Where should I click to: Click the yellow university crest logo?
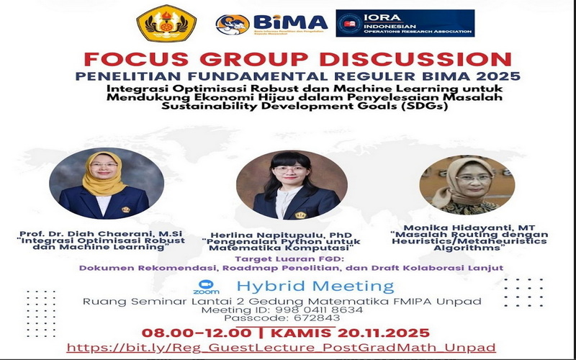(166, 23)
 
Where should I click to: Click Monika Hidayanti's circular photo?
(467, 184)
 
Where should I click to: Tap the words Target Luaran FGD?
(292, 258)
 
